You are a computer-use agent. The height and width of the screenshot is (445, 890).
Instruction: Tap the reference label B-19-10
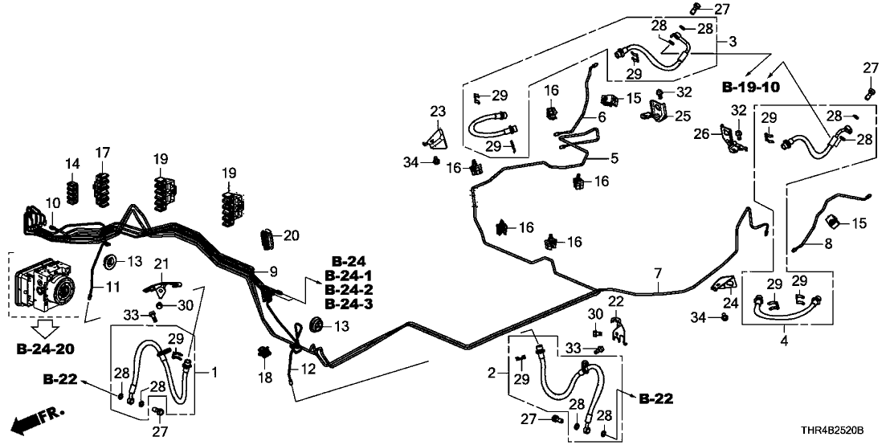tap(750, 87)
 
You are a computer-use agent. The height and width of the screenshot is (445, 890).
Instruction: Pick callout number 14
tap(73, 165)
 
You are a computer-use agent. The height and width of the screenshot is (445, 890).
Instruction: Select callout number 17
tap(102, 153)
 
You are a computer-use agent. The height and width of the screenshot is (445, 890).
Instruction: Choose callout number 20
tap(290, 235)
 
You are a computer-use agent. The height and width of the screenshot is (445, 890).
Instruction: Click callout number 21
tap(162, 265)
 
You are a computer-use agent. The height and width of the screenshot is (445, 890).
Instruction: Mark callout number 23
tap(437, 111)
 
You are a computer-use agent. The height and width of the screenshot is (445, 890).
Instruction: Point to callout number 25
tap(683, 116)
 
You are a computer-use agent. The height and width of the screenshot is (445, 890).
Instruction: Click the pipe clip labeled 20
tap(267, 239)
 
